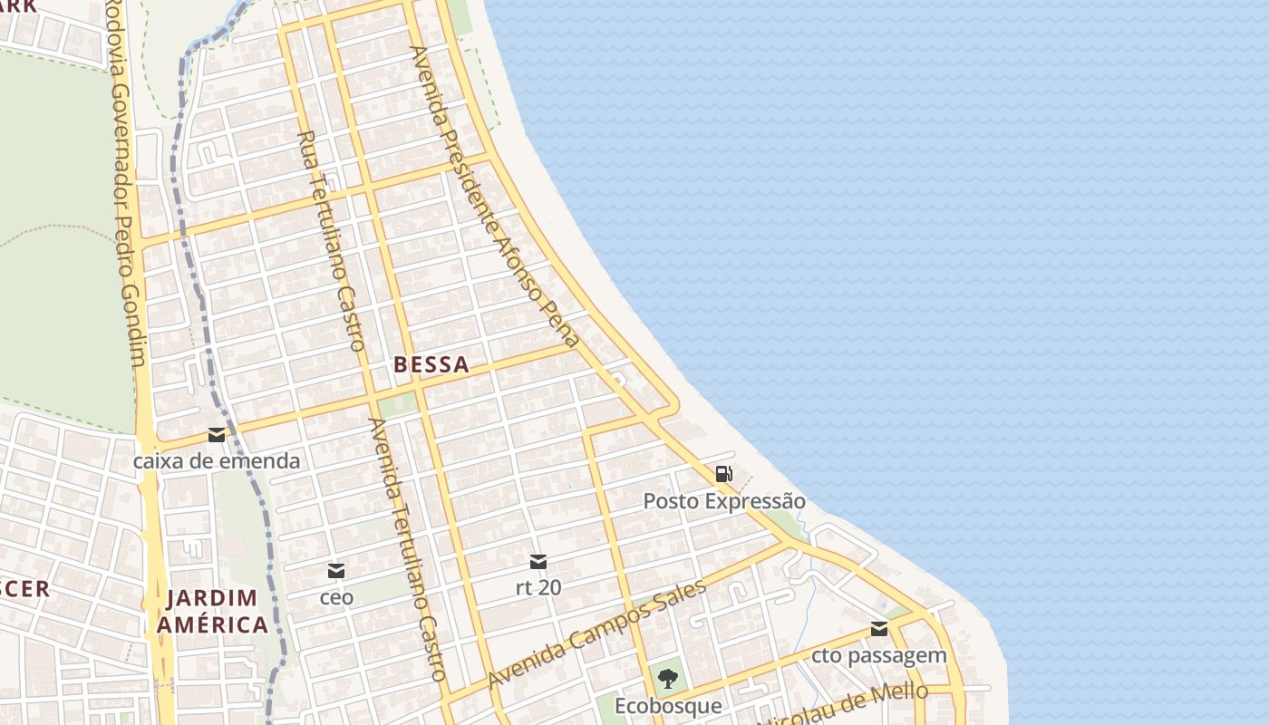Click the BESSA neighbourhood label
431,365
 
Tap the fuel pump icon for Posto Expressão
723,473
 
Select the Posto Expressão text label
723,501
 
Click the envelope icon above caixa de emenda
217,435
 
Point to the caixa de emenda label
217,461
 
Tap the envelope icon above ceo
336,571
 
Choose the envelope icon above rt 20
538,562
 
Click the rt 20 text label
538,587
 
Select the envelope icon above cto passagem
878,629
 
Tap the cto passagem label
878,655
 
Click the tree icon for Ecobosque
668,678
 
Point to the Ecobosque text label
668,705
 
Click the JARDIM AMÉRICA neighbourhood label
212,611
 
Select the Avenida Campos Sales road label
596,633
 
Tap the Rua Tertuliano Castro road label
331,240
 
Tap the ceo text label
336,598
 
